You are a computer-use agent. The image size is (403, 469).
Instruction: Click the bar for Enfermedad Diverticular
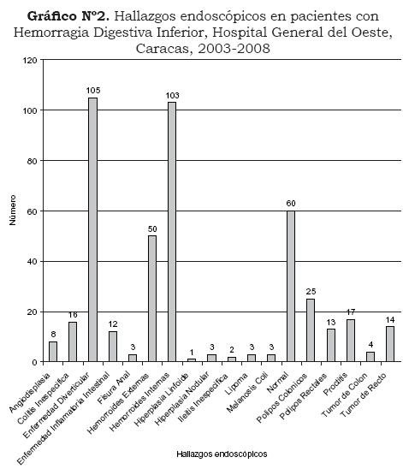coord(92,229)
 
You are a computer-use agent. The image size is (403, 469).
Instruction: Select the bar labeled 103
coord(172,232)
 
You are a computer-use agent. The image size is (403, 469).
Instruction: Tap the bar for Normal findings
coord(291,286)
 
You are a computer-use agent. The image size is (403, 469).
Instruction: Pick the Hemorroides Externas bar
coord(152,299)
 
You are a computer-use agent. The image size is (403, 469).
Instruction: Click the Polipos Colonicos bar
coord(311,330)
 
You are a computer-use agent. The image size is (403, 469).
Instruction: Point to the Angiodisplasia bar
coord(53,352)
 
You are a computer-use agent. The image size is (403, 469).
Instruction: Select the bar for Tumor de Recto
coord(390,344)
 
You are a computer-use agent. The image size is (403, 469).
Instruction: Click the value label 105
coord(93,91)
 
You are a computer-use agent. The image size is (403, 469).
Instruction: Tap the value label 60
coord(291,204)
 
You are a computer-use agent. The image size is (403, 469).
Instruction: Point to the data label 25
coord(311,291)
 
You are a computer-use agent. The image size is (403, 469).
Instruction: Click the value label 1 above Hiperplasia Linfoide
coord(192,352)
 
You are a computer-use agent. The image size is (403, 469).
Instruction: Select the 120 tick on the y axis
coord(30,61)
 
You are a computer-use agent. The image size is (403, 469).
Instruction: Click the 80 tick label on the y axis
coord(33,162)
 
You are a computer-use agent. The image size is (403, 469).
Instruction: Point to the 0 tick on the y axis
coord(34,363)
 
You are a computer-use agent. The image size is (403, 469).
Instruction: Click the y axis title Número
coord(12,210)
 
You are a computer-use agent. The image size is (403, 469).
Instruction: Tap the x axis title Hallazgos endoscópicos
coord(222,454)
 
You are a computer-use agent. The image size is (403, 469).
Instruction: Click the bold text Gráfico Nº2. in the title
coord(68,16)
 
